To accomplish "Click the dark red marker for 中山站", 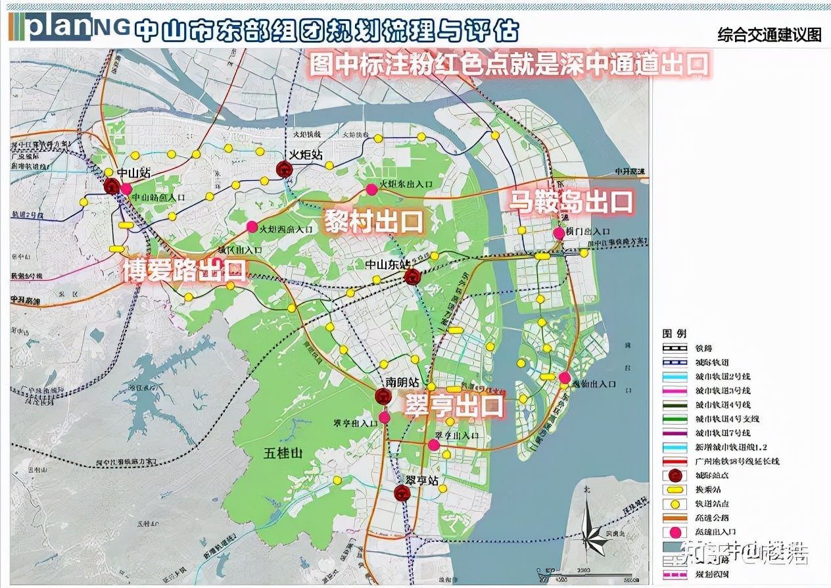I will coord(112,186).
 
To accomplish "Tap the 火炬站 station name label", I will coord(306,155).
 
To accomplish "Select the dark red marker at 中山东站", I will coord(412,276).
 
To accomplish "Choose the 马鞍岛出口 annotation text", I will coord(571,202).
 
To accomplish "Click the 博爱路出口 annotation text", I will coord(185,270).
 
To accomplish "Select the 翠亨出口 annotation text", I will coord(454,405).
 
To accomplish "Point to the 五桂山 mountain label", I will coord(282,453).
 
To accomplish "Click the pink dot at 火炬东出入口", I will coord(371,189).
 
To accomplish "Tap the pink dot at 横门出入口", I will coord(559,233).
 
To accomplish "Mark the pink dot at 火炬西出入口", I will coord(252,227).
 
